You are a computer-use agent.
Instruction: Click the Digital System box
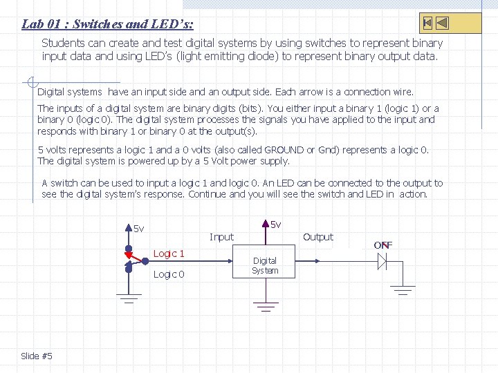[x=265, y=265]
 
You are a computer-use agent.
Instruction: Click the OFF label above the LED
[x=383, y=245]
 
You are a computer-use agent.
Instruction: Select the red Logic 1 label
[x=169, y=254]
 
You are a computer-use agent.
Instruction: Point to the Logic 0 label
[x=169, y=274]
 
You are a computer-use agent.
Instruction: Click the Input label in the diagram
[x=221, y=237]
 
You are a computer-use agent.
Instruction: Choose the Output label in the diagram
[x=318, y=237]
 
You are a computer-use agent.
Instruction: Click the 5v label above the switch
[x=139, y=229]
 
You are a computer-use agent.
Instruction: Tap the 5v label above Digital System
[x=275, y=224]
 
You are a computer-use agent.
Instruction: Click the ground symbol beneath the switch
[x=128, y=298]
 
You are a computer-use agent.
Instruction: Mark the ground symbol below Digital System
[x=264, y=305]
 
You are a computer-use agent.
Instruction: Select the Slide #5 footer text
[x=37, y=356]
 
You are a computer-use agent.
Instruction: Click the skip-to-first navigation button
[x=427, y=23]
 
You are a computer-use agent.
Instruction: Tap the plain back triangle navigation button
[x=443, y=23]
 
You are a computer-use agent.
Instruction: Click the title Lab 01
[x=107, y=24]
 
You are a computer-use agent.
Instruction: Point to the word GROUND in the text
[x=284, y=150]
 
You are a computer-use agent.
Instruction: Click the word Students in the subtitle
[x=64, y=43]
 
